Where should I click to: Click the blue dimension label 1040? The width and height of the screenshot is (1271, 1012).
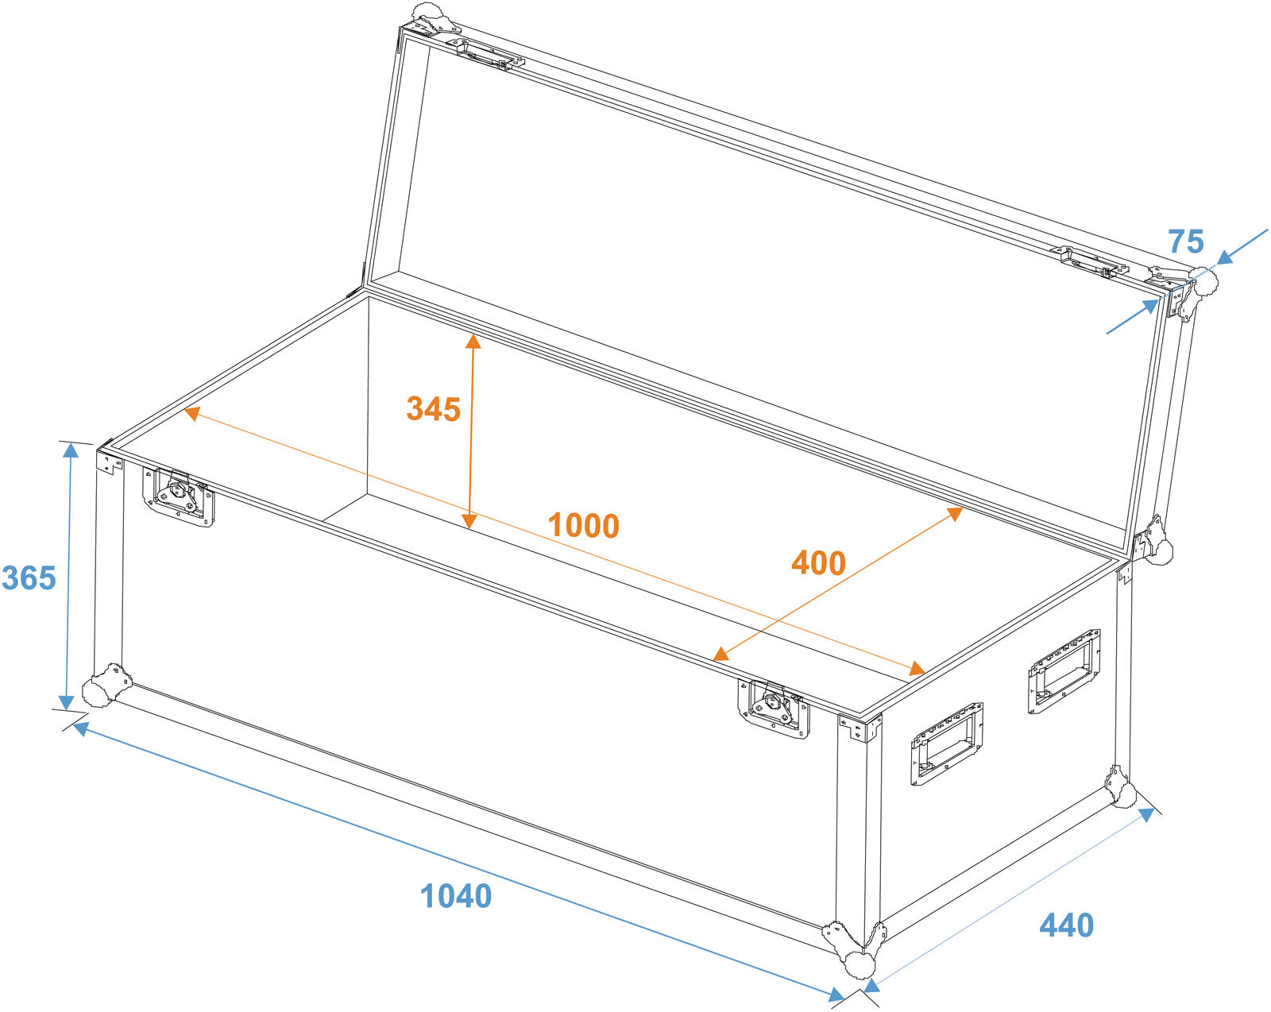[455, 896]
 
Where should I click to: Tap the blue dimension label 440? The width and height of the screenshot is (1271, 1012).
[1066, 925]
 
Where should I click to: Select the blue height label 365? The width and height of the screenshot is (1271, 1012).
[29, 577]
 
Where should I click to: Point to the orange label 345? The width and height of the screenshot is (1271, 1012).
[433, 409]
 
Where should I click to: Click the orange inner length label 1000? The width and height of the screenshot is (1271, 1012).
[584, 525]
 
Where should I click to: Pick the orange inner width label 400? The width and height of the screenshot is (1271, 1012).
[818, 563]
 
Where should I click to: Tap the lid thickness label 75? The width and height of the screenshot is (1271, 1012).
[1186, 241]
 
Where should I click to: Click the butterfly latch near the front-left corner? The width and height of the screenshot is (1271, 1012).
[179, 496]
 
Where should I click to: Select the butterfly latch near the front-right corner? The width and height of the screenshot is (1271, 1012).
[774, 709]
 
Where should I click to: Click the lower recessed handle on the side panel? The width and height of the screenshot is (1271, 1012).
[947, 744]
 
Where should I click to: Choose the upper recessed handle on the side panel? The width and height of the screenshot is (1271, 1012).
[1064, 672]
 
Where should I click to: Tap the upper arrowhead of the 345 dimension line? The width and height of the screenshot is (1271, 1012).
[473, 341]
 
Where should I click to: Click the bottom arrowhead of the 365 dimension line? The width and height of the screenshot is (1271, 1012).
[67, 702]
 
